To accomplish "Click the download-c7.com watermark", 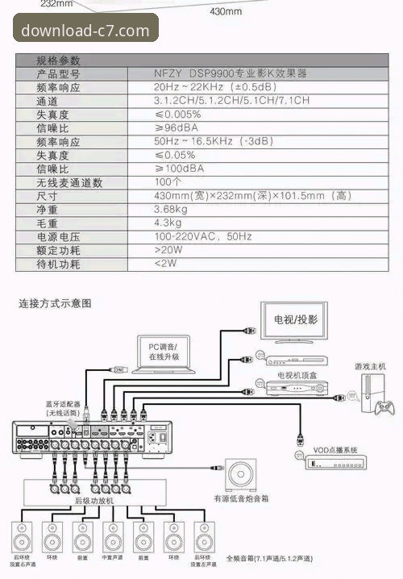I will pyautogui.click(x=85, y=30).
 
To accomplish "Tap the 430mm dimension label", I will pyautogui.click(x=226, y=12).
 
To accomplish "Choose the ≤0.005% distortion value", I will pyautogui.click(x=178, y=115).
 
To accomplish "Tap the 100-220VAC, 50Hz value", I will pyautogui.click(x=203, y=237).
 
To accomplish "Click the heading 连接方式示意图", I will pyautogui.click(x=56, y=304).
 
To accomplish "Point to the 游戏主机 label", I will pyautogui.click(x=371, y=366).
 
